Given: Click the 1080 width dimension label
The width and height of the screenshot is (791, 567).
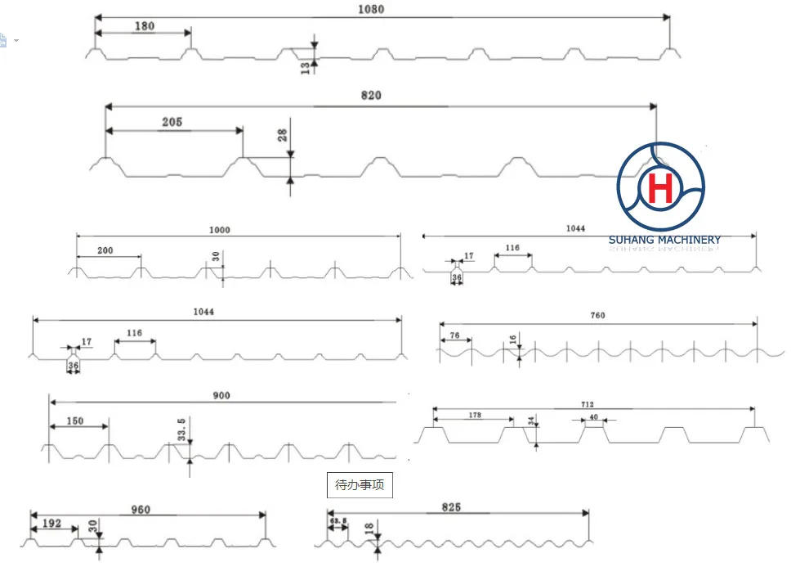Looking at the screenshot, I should [371, 10].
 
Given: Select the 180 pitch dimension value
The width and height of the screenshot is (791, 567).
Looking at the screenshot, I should [143, 26].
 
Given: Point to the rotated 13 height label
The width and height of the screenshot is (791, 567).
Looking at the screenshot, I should [306, 68].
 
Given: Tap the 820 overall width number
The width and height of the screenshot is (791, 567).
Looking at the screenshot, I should [371, 96].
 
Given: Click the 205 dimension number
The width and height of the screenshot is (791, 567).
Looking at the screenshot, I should [172, 123].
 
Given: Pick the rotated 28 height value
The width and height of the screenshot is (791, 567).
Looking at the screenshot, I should [283, 135].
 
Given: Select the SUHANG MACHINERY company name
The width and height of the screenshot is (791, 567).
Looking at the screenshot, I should [664, 240].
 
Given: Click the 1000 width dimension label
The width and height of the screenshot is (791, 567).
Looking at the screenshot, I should [220, 230].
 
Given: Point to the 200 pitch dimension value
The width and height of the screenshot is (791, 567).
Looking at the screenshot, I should [105, 250].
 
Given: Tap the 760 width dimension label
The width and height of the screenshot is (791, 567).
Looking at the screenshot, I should [597, 316].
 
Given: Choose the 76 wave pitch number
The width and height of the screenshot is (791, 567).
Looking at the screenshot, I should [454, 335].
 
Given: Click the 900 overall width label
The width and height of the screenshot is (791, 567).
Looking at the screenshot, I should [221, 396].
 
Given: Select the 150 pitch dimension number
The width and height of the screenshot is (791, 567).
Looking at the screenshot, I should [75, 421].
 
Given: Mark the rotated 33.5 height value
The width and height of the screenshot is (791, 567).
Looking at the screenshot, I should [182, 428].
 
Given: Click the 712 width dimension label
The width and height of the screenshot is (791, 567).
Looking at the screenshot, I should [588, 403].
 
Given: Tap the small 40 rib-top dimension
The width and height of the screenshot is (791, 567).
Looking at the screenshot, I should [593, 417].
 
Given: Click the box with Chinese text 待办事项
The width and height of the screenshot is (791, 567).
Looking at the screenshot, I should [359, 485].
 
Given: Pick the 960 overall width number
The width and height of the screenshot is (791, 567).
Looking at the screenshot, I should [141, 510].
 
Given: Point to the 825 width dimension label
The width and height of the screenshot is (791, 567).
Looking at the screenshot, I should [450, 507].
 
